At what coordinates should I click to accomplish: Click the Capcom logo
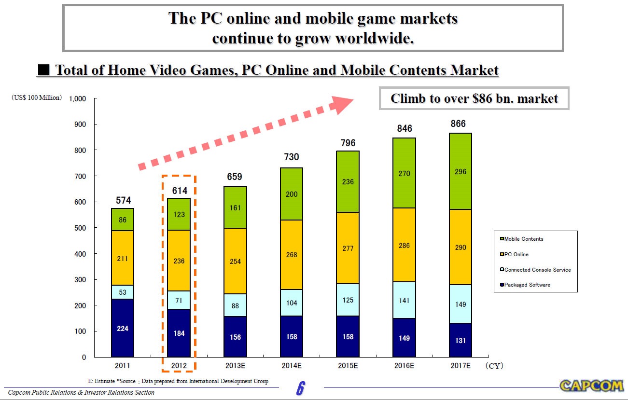[x=592, y=386]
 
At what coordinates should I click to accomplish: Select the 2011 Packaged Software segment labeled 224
[x=122, y=328]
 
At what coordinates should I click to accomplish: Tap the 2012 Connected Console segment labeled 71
[x=179, y=300]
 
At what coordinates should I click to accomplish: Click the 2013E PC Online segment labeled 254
[x=235, y=261]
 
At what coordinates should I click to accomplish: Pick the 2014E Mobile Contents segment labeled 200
[x=292, y=194]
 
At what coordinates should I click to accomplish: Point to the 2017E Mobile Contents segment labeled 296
[x=461, y=171]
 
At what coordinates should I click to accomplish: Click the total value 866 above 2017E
[x=458, y=124]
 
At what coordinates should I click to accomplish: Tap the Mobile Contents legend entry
[x=523, y=239]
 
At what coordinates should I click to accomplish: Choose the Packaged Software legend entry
[x=527, y=285]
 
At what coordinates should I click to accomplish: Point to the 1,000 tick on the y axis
[x=77, y=99]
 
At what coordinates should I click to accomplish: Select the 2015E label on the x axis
[x=348, y=366]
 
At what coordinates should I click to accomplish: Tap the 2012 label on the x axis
[x=179, y=366]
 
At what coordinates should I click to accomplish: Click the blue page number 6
[x=300, y=388]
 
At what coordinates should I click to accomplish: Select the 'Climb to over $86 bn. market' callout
[x=474, y=98]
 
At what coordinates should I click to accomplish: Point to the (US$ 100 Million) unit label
[x=37, y=98]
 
